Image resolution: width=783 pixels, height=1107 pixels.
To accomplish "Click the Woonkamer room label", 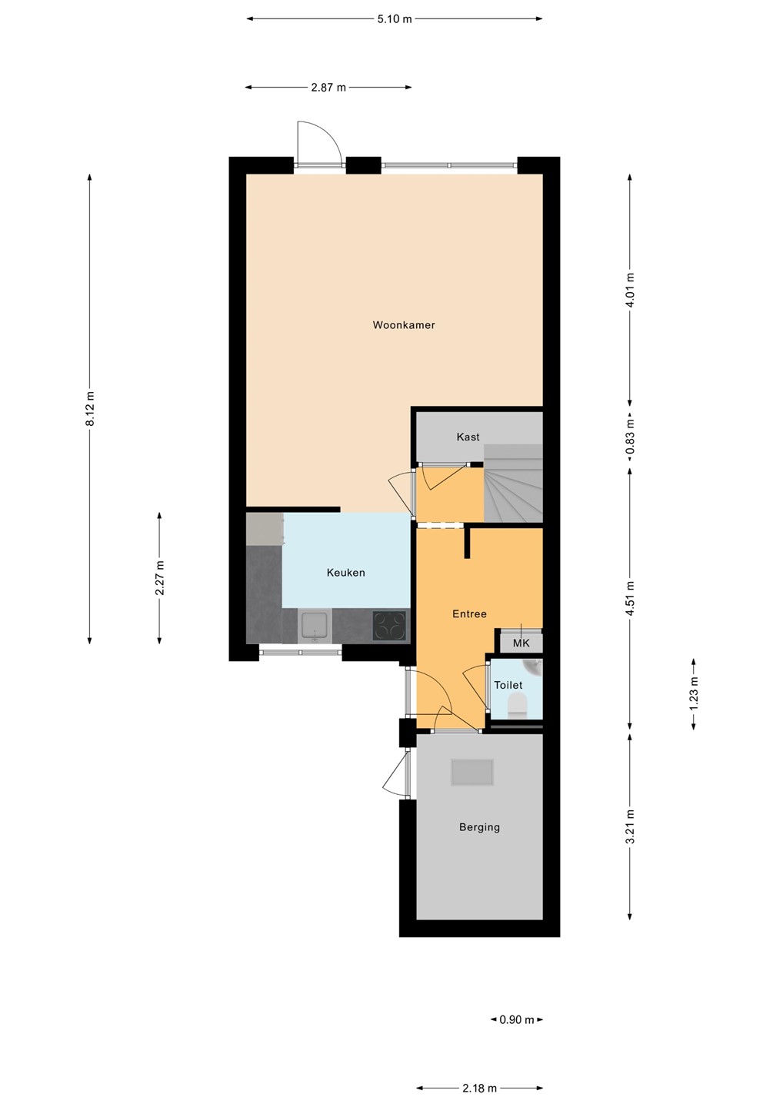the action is pyautogui.click(x=403, y=324).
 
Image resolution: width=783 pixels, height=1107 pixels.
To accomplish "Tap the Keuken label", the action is pyautogui.click(x=345, y=572).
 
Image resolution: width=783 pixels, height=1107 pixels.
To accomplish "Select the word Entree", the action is pyautogui.click(x=469, y=613).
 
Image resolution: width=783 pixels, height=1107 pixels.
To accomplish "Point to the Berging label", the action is pyautogui.click(x=479, y=827).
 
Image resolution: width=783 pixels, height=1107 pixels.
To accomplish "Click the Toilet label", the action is pyautogui.click(x=508, y=685).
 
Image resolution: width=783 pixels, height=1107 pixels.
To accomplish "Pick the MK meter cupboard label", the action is pyautogui.click(x=521, y=643).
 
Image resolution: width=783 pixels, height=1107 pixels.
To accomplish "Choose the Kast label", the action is pyautogui.click(x=468, y=437).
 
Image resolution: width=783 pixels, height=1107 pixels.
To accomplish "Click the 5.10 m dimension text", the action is pyautogui.click(x=395, y=19).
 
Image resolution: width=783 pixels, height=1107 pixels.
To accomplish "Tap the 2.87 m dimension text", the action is pyautogui.click(x=328, y=88).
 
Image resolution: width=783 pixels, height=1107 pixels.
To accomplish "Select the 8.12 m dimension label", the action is pyautogui.click(x=89, y=409).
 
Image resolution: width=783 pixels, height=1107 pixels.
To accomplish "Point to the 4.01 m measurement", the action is pyautogui.click(x=630, y=290).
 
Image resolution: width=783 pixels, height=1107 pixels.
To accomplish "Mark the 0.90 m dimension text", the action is pyautogui.click(x=517, y=1019).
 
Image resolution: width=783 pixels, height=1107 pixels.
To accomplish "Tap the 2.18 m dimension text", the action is pyautogui.click(x=479, y=1088).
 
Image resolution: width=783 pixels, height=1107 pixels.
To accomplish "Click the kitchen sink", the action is pyautogui.click(x=315, y=627).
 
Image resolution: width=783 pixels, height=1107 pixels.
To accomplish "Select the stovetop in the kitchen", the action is pyautogui.click(x=389, y=626).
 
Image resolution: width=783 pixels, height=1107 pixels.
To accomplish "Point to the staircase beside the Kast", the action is pyautogui.click(x=512, y=483).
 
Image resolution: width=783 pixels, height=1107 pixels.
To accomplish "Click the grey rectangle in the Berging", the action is pyautogui.click(x=472, y=773).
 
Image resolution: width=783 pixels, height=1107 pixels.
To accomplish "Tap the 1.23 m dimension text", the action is pyautogui.click(x=693, y=694).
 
